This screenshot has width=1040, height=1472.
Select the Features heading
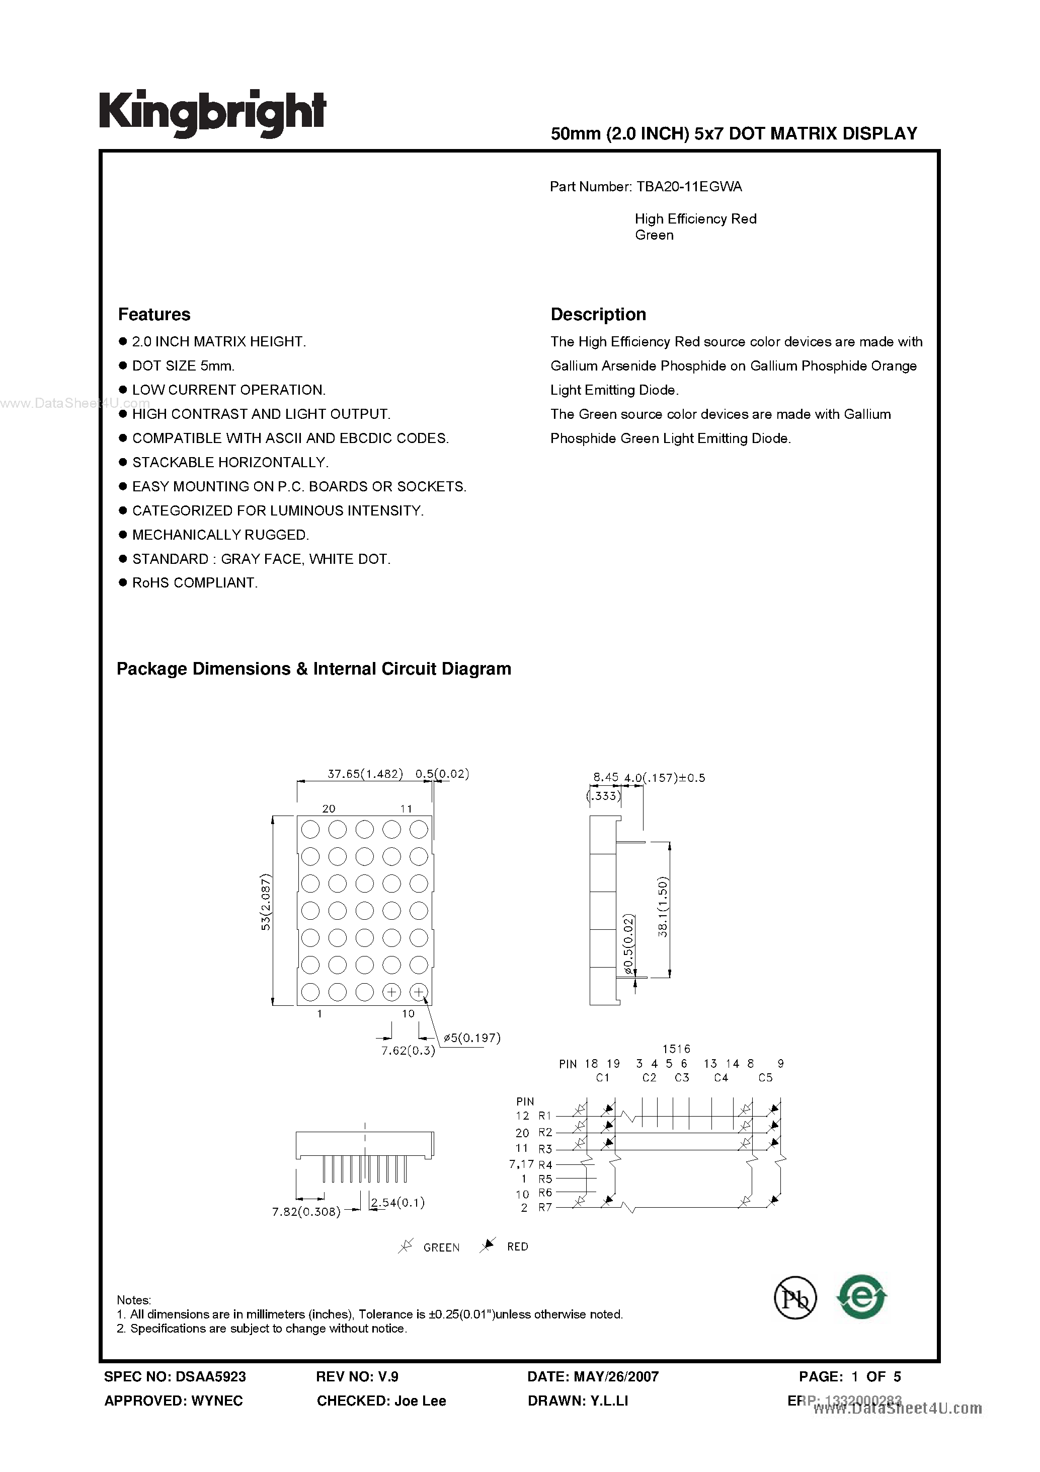pos(154,314)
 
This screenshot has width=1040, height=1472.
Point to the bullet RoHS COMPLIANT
pos(194,583)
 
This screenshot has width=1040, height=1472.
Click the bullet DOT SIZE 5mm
pos(183,365)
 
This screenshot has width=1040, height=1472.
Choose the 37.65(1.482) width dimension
pos(365,774)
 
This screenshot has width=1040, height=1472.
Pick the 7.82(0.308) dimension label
pos(305,1212)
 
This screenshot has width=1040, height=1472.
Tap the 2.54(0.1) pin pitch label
pos(398,1203)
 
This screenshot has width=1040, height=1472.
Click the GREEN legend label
pos(441,1247)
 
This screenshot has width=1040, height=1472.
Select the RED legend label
pos(517,1246)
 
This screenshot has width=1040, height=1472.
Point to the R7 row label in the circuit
pos(545,1208)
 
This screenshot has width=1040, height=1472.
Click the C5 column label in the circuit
pos(765,1078)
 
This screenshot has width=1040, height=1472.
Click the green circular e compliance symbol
pos(862,1296)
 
